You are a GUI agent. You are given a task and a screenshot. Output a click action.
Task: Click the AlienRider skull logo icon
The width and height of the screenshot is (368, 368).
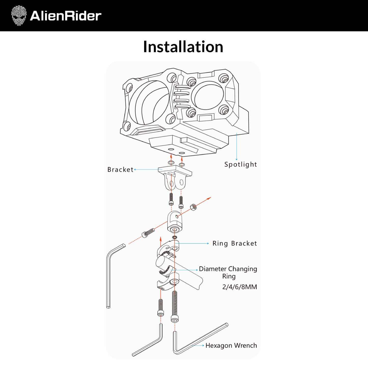pos(19,16)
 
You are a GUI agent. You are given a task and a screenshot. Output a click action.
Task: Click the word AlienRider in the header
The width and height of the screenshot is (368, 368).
pos(65,16)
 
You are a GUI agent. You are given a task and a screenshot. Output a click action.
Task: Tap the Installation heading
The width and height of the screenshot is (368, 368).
pos(183,47)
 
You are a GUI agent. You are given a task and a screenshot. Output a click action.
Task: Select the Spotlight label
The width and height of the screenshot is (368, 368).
pos(240,165)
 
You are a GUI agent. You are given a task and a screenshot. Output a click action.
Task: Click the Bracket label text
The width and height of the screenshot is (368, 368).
pos(120,170)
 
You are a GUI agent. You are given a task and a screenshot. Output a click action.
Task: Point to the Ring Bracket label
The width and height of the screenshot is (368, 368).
pos(235,243)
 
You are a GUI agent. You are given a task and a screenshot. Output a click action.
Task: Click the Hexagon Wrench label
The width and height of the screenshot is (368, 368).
pos(231,346)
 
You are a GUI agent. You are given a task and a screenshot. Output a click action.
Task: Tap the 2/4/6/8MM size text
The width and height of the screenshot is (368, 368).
pos(239,287)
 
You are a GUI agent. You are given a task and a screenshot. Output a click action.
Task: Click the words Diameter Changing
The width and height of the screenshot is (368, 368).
pos(228,269)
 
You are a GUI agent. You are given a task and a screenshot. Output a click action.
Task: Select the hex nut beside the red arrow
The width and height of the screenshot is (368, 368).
pos(193,207)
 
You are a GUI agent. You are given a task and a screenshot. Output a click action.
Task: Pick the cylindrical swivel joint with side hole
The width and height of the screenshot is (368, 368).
pos(175,222)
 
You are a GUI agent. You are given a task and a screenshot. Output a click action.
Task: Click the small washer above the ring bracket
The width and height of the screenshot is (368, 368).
pos(175,238)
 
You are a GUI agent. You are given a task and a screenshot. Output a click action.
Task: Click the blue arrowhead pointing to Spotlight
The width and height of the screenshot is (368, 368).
pos(237,159)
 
